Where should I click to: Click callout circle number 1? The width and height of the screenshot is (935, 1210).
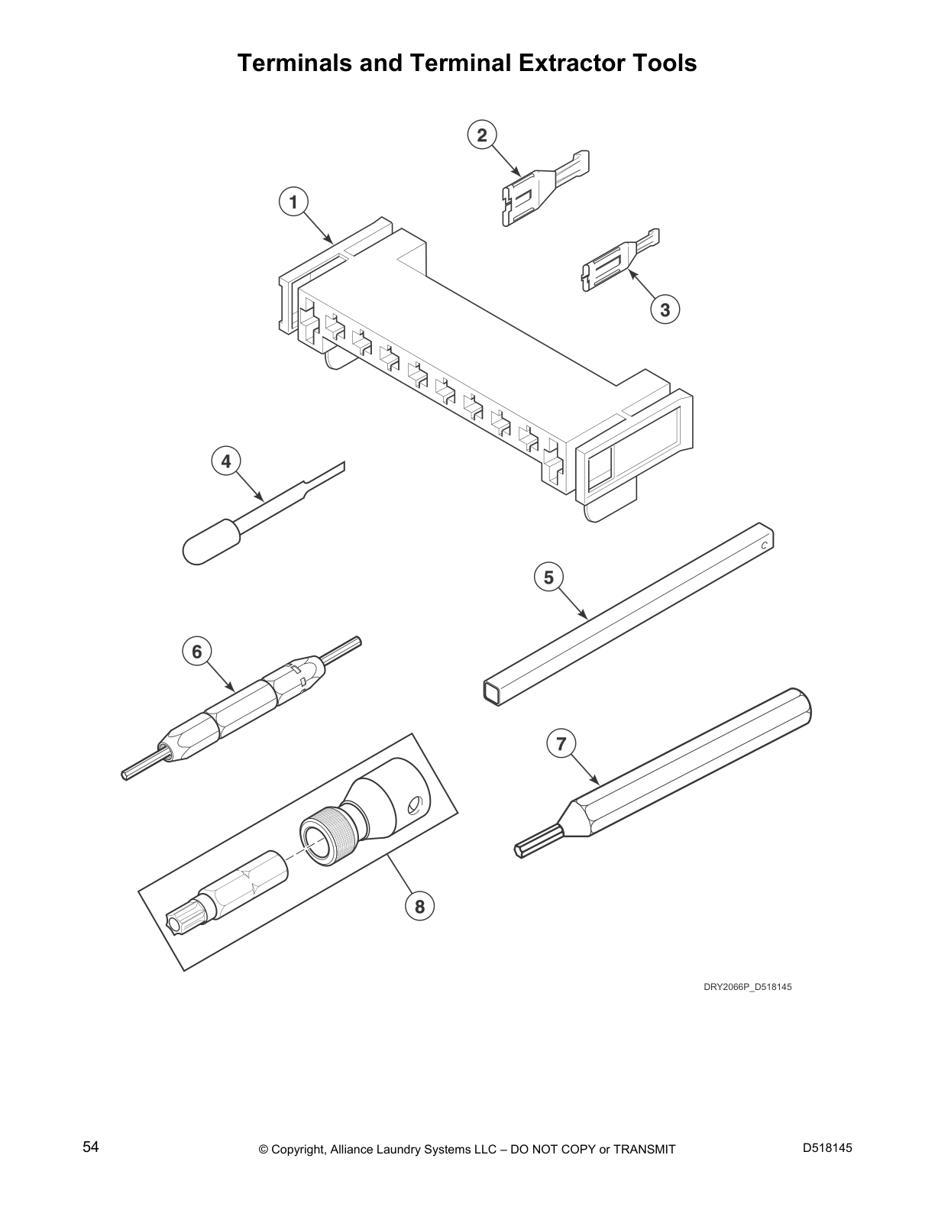pos(294,202)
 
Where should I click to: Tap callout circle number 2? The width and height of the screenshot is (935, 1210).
pos(482,135)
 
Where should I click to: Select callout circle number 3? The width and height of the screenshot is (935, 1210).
pos(665,309)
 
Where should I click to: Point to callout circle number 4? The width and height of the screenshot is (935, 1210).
pos(226,461)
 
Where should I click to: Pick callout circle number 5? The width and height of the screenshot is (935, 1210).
pos(548,577)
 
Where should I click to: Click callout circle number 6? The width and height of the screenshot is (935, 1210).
pos(197,651)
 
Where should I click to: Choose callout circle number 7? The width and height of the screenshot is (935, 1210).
pos(561,743)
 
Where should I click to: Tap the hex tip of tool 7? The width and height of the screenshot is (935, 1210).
pos(537,844)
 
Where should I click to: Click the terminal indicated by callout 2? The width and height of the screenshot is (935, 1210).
pos(545,189)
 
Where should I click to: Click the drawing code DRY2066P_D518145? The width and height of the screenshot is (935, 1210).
pos(747,987)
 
